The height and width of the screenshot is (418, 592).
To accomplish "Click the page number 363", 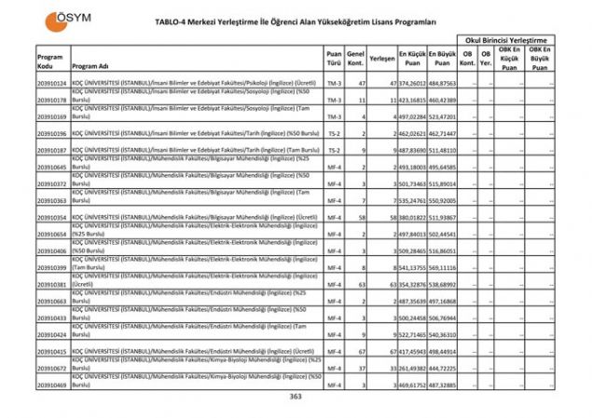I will [296, 396].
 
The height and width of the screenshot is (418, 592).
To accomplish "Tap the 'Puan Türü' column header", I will [334, 59].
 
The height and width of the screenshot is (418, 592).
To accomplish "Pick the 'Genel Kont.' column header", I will [355, 59].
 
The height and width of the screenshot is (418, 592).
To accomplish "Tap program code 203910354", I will [50, 217].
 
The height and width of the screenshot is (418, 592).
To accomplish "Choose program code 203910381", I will [50, 284].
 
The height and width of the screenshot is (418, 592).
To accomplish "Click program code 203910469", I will [50, 384].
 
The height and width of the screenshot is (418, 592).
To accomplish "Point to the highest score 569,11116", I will [442, 267].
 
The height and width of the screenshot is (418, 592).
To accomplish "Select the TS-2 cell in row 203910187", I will [334, 150].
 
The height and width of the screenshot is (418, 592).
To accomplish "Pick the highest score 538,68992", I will [442, 284].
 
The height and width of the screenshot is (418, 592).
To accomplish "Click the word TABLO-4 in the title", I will [183, 20].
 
